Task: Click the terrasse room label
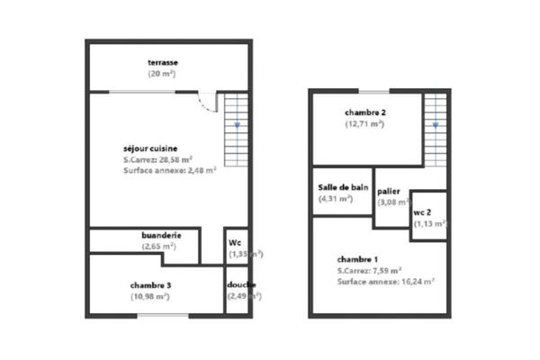pyautogui.click(x=163, y=62)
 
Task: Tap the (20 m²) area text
pyautogui.click(x=163, y=73)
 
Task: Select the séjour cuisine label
pyautogui.click(x=150, y=148)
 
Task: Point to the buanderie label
pyautogui.click(x=162, y=236)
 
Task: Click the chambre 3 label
pyautogui.click(x=150, y=286)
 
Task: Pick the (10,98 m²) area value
pyautogui.click(x=150, y=297)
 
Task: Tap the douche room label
pyautogui.click(x=241, y=285)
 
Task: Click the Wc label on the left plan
pyautogui.click(x=234, y=243)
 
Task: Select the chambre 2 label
pyautogui.click(x=365, y=112)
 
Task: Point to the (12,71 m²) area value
pyautogui.click(x=365, y=124)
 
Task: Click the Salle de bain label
pyautogui.click(x=343, y=187)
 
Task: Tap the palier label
pyautogui.click(x=389, y=192)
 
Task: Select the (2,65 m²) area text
pyautogui.click(x=162, y=247)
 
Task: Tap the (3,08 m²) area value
pyautogui.click(x=392, y=202)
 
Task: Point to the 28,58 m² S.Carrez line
pyautogui.click(x=169, y=159)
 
